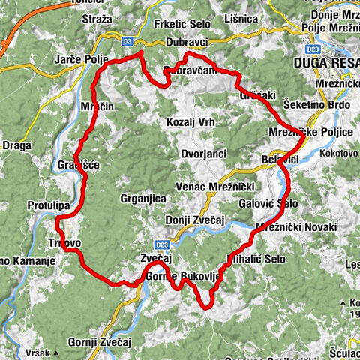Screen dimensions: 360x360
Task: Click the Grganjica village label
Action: coord(143,199)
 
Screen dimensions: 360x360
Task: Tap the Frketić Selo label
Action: coord(183,24)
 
